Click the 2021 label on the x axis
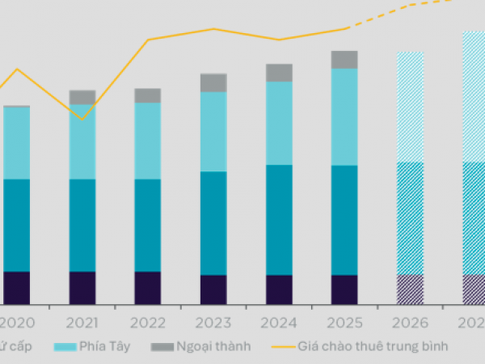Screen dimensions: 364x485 tap(82, 323)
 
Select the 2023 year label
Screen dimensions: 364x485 tap(213, 323)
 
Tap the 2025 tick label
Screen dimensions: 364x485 tap(344, 323)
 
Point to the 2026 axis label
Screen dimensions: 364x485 tap(410, 323)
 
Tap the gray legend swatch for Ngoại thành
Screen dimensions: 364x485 tap(162, 346)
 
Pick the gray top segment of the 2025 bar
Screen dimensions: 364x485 tap(344, 59)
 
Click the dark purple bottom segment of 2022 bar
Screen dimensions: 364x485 tap(148, 287)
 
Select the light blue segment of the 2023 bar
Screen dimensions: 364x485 tap(213, 131)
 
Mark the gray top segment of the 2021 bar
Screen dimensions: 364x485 tap(82, 97)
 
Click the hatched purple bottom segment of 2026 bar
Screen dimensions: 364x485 tap(410, 289)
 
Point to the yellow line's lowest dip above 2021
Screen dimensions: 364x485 tap(82, 119)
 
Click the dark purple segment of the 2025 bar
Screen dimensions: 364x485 tap(344, 289)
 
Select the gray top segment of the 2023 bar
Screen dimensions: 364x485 tap(213, 83)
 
